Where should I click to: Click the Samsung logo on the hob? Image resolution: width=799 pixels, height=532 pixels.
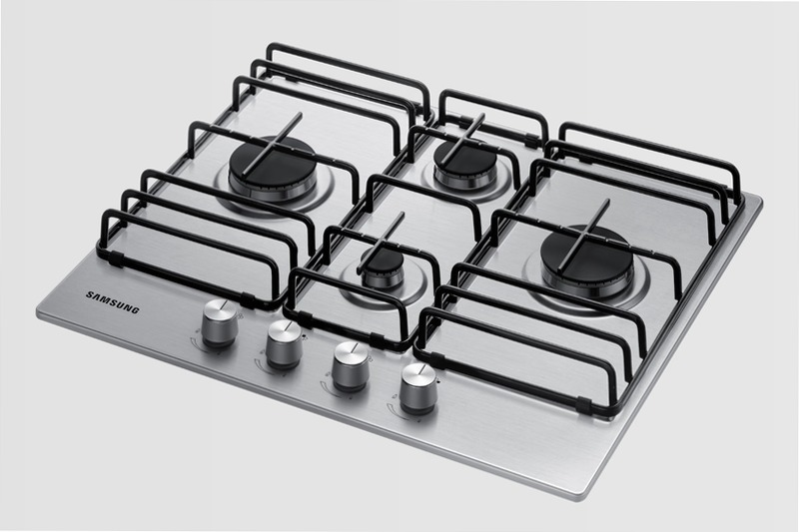(x=112, y=301)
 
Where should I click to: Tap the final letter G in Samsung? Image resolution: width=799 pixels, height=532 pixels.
(x=135, y=309)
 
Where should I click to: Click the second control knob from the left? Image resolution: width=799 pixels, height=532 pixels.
(x=284, y=344)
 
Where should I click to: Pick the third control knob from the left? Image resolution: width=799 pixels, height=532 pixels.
(x=351, y=366)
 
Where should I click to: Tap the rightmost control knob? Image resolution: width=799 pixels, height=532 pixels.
(x=418, y=388)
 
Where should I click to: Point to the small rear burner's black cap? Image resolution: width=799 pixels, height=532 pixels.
(x=464, y=156)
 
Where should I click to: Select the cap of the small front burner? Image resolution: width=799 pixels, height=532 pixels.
(x=383, y=262)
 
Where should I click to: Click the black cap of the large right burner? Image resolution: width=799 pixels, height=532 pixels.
(x=586, y=253)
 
